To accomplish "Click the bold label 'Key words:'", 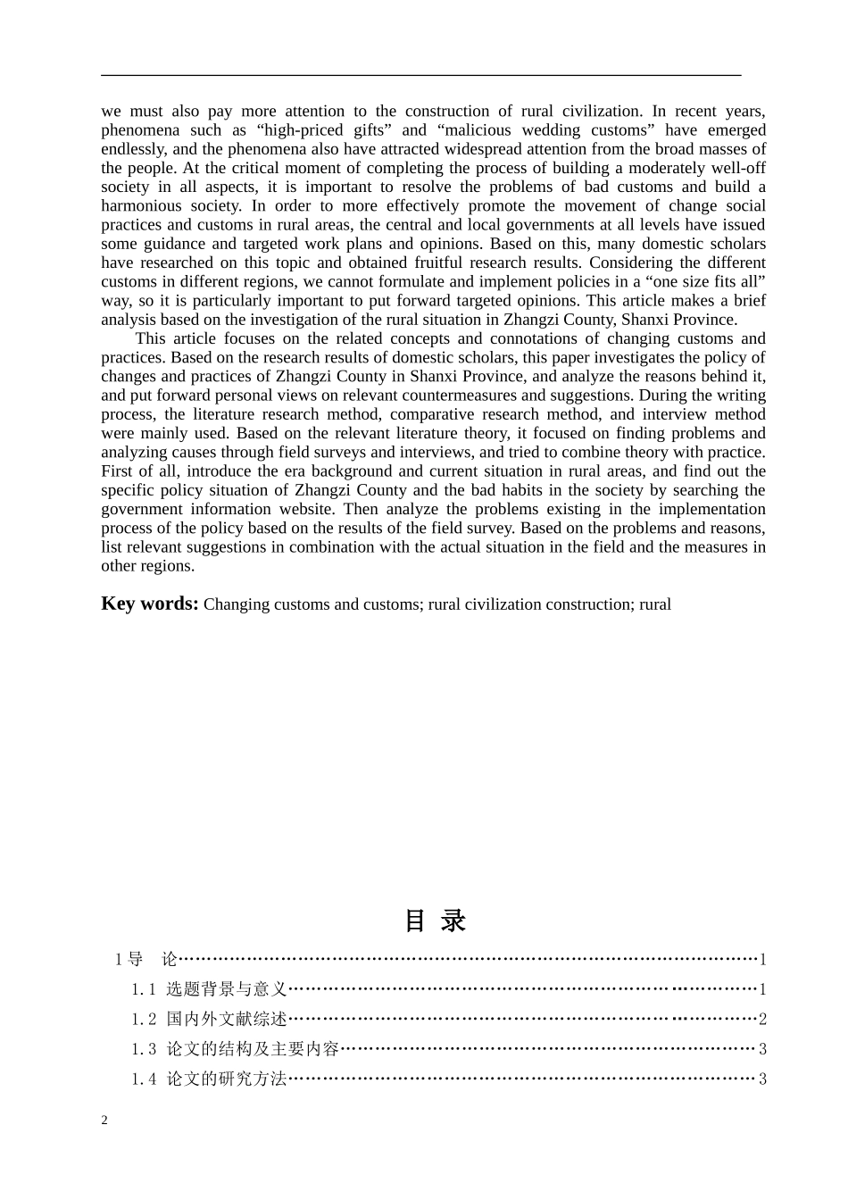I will point(149,604).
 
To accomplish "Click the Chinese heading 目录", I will point(435,921).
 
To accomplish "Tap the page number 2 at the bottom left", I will point(104,1121).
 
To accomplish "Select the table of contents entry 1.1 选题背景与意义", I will point(209,989).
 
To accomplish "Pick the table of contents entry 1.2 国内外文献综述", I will point(209,1019).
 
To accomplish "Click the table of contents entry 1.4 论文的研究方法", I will point(209,1079).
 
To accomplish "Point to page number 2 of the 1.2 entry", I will point(762,1019).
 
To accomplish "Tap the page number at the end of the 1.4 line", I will point(762,1079).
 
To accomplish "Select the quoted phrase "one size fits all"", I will point(706,281).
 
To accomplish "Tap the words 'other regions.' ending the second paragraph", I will point(147,566).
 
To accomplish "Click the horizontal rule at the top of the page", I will point(421,76).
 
